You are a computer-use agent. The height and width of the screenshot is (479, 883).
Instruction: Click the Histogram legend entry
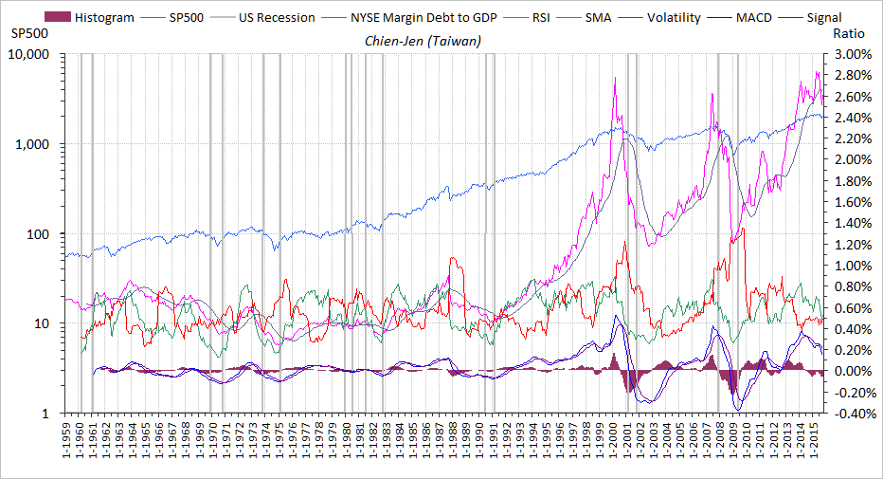tap(104, 17)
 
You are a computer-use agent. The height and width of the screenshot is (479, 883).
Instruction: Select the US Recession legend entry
tap(274, 17)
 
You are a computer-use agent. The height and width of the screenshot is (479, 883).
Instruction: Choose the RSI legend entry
tap(541, 17)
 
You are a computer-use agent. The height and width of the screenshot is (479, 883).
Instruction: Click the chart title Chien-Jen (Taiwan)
tap(423, 41)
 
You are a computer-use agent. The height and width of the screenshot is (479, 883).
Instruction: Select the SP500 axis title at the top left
tap(28, 33)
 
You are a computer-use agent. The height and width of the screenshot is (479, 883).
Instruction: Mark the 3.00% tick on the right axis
tap(851, 54)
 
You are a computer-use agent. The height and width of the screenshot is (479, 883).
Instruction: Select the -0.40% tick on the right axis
tap(849, 414)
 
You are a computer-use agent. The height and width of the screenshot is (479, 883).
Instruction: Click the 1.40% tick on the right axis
tap(851, 224)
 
